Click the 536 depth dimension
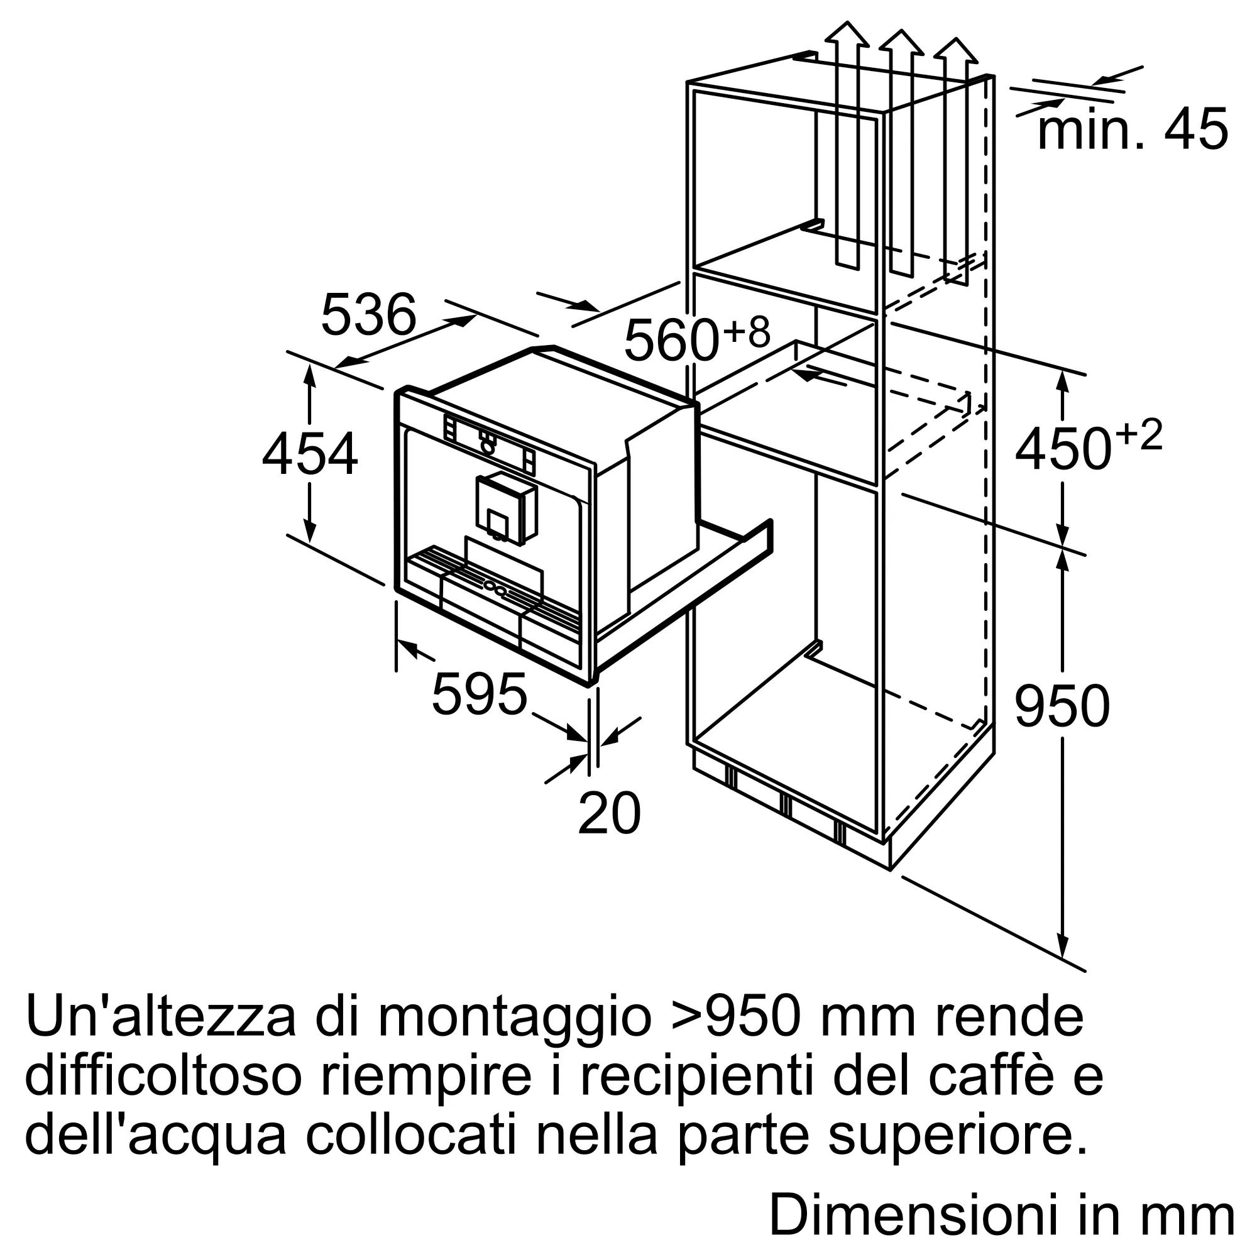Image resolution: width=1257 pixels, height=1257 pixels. coord(368,314)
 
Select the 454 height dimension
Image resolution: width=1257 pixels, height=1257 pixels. coord(310,454)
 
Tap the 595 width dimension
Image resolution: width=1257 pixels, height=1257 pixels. coord(480,694)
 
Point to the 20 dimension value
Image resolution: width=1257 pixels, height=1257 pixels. coord(609,813)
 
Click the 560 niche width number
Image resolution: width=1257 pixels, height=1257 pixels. coord(671,339)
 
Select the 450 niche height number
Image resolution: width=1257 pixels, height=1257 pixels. coord(1062,449)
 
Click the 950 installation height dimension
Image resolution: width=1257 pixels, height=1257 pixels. coord(1062,706)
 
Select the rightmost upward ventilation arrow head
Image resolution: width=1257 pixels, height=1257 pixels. coord(955,50)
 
